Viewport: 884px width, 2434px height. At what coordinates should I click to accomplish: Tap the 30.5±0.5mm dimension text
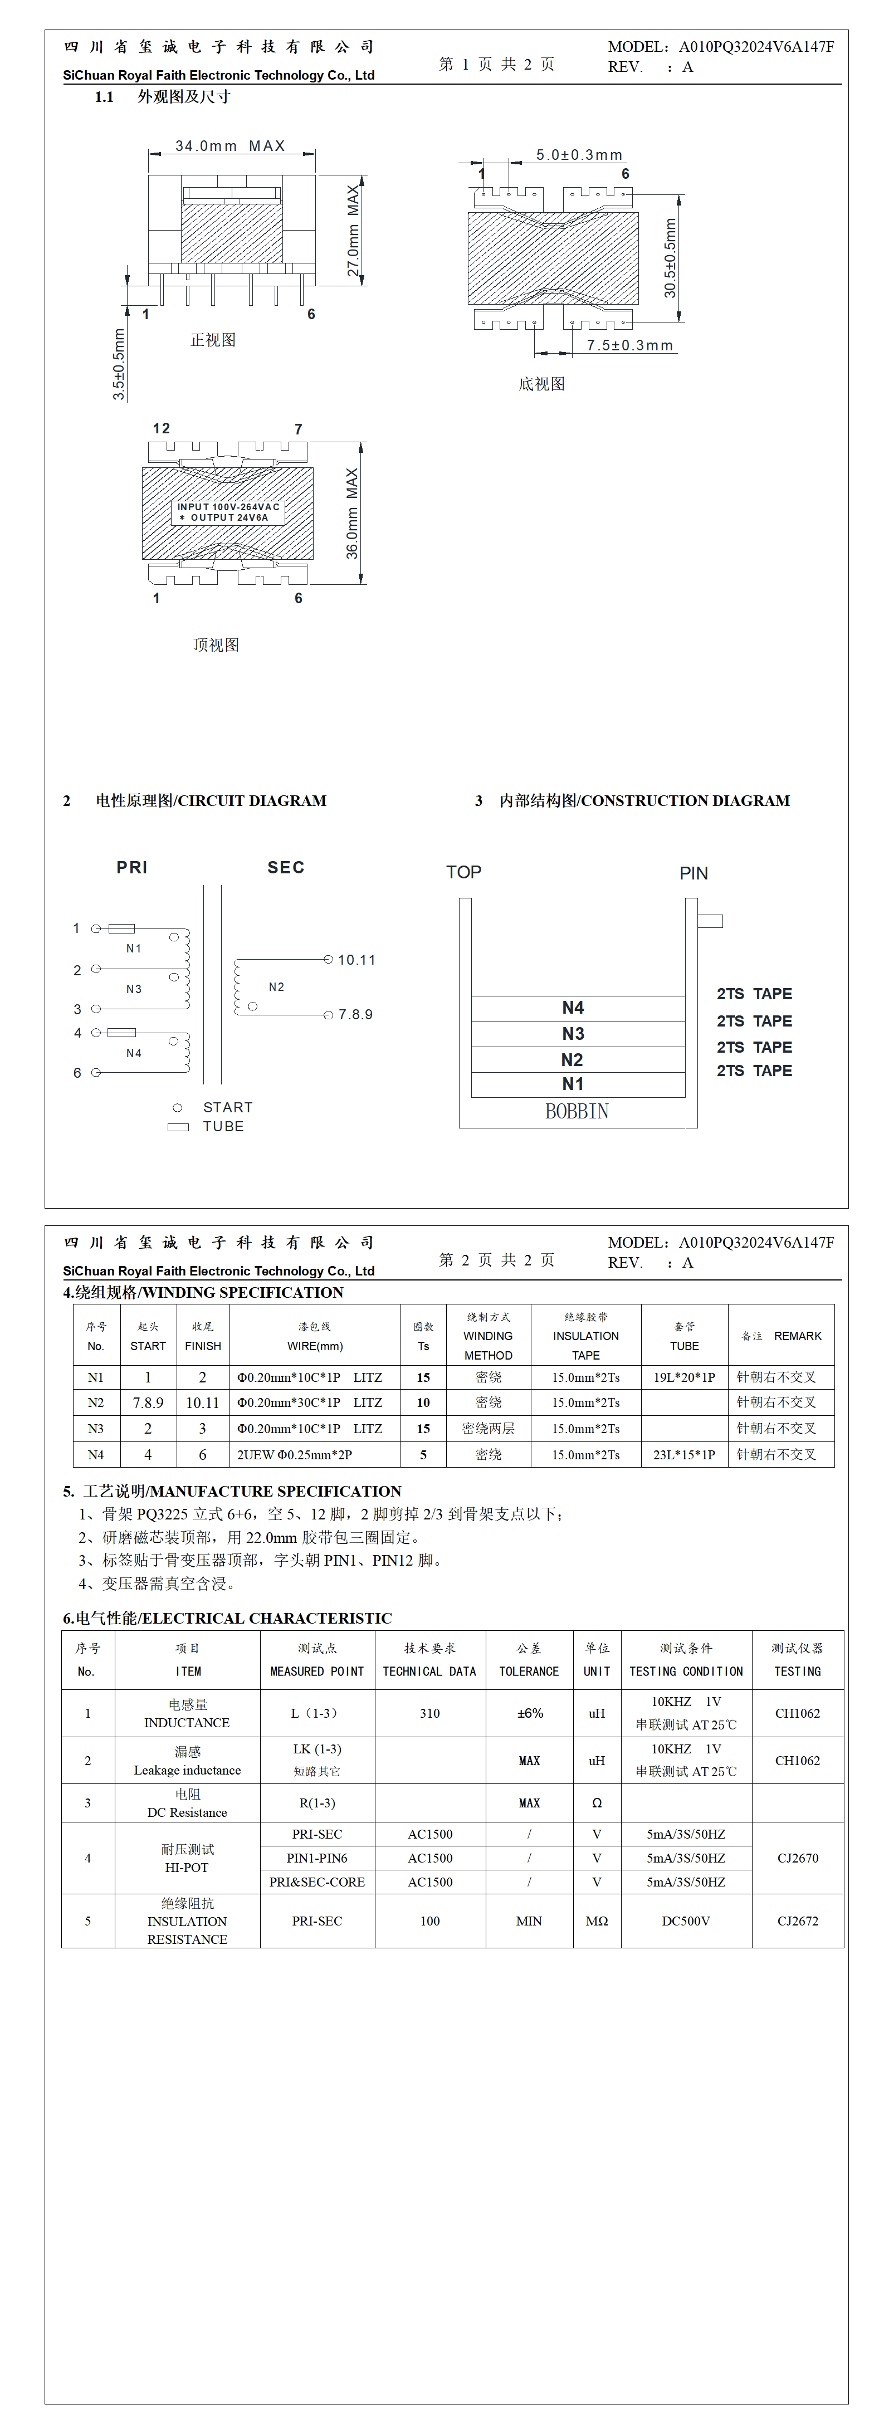click(670, 258)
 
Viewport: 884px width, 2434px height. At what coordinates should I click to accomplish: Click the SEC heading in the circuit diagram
click(286, 867)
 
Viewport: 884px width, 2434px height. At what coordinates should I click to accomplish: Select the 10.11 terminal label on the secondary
click(356, 960)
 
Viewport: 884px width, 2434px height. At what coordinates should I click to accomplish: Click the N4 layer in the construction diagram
click(573, 1007)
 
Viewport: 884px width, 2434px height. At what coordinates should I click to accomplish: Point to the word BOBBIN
click(577, 1111)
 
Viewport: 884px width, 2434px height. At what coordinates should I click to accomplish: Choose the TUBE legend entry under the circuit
click(223, 1126)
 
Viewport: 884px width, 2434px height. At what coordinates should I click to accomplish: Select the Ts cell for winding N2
click(423, 1402)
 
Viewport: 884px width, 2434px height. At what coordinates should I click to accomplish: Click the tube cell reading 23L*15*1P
click(683, 1454)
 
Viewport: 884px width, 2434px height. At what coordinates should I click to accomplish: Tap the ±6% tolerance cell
click(530, 1713)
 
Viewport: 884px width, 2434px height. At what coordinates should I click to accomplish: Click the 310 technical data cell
click(430, 1713)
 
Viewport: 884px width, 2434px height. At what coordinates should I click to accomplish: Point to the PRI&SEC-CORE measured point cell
click(317, 1881)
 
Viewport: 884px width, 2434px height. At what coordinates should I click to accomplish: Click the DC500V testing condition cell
click(686, 1921)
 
